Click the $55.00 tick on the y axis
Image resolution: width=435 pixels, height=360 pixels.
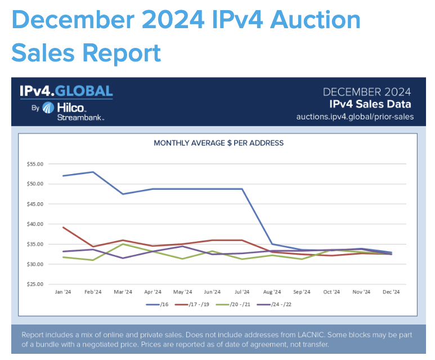tap(35, 164)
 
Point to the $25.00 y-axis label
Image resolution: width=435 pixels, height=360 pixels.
tap(35, 284)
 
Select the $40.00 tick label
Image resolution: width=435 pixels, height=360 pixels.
tap(35, 224)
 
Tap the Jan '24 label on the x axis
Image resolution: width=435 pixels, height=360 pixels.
tap(62, 292)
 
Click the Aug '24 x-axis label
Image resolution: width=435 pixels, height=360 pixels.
tap(272, 292)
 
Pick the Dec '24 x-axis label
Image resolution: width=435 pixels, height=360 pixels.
tap(391, 292)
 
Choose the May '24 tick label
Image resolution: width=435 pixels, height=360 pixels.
tap(182, 292)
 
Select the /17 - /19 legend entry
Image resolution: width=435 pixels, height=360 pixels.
tap(199, 305)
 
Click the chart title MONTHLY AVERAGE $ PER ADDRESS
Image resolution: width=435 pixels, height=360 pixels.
tap(218, 143)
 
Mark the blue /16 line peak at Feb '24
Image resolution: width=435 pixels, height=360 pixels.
tap(93, 172)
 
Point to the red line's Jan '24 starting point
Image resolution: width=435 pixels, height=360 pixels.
tap(63, 227)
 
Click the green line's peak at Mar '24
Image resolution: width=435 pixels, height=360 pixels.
tap(123, 244)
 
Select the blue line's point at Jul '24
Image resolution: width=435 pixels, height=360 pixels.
tap(242, 189)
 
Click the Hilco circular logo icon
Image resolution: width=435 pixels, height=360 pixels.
tap(48, 108)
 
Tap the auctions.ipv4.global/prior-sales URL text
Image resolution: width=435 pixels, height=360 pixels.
tap(355, 117)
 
